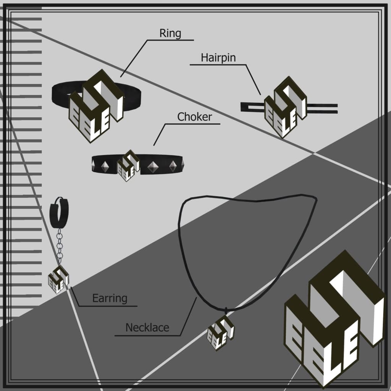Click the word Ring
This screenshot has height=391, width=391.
tap(170, 34)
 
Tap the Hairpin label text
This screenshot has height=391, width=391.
tap(218, 58)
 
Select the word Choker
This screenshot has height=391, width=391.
tap(194, 117)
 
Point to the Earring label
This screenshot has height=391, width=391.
tap(110, 299)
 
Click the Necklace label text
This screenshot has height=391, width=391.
tap(147, 327)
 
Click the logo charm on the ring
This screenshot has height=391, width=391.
tap(96, 106)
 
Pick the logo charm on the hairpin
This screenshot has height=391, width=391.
tap(286, 107)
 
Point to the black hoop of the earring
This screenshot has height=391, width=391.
tap(59, 213)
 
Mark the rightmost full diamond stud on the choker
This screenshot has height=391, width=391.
tap(173, 166)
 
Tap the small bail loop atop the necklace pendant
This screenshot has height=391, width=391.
tap(226, 311)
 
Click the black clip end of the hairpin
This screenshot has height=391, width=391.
tap(252, 107)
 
